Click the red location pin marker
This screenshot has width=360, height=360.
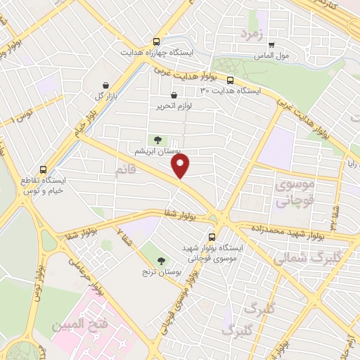coord(181,166)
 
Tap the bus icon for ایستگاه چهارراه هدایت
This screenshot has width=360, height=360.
coord(156,41)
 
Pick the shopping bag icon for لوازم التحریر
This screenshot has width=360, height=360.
coord(174,95)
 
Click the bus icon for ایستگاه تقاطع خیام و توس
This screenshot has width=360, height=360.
coord(44,169)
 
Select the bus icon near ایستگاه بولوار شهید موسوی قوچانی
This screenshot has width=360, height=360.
coord(213,237)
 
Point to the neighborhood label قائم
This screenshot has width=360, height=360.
coord(127,169)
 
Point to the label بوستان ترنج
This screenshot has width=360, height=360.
coord(166,271)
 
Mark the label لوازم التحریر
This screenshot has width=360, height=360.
coord(174,107)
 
